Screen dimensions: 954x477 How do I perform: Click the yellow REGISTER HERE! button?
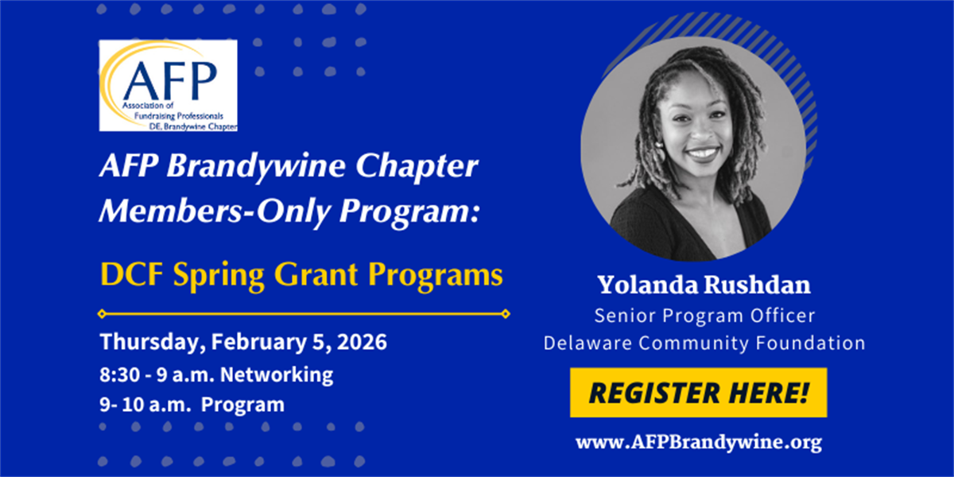(x=699, y=392)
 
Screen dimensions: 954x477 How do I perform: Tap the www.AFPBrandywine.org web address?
(x=699, y=443)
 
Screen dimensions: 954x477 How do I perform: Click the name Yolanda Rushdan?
(x=704, y=285)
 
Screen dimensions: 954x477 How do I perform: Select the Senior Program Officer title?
(x=704, y=316)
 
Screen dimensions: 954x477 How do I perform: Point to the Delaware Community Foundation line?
(x=704, y=343)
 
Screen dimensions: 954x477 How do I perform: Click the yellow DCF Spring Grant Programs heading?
(x=301, y=276)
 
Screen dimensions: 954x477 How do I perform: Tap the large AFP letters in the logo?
(x=169, y=81)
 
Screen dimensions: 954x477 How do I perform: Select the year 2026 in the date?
(x=362, y=342)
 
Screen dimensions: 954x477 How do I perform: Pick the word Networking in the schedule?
(x=277, y=374)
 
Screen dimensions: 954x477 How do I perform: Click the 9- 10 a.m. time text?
(x=145, y=405)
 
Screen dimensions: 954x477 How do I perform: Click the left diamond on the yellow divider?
(x=102, y=314)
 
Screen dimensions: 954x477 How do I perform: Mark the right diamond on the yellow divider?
(x=506, y=314)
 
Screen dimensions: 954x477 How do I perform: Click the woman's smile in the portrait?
(x=703, y=153)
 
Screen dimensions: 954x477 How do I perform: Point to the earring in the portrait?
(x=660, y=147)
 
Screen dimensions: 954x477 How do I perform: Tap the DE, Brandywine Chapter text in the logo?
(x=193, y=126)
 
